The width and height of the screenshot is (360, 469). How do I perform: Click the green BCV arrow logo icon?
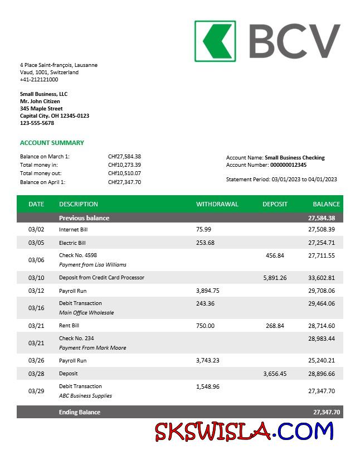point(215,41)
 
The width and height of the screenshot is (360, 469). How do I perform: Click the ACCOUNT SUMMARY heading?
point(52,143)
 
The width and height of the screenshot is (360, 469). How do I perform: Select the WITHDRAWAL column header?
point(217,204)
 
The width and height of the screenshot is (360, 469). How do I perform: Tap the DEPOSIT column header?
point(275,204)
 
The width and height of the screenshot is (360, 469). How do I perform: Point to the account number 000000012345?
point(288,165)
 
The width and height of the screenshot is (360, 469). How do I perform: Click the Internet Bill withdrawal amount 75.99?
point(204,229)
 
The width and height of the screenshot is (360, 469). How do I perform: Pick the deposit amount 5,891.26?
point(275,278)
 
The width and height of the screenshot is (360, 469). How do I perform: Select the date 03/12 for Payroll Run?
point(36,291)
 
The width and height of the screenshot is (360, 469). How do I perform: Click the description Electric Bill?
point(72,243)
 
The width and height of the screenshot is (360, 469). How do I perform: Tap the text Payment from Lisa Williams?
point(93,265)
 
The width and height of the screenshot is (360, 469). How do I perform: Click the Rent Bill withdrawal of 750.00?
point(205,326)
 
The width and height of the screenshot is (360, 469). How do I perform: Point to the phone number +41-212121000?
point(39,80)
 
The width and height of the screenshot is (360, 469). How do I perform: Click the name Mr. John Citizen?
point(41,101)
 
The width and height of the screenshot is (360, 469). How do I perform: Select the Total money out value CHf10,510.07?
point(124,173)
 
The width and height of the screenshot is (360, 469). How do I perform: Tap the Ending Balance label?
point(80,413)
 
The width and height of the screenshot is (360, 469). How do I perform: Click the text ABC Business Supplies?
point(85,396)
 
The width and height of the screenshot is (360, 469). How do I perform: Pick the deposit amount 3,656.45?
point(275,374)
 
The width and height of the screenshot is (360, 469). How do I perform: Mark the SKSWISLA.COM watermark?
point(244,431)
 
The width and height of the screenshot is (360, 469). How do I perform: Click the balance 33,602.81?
point(322,278)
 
